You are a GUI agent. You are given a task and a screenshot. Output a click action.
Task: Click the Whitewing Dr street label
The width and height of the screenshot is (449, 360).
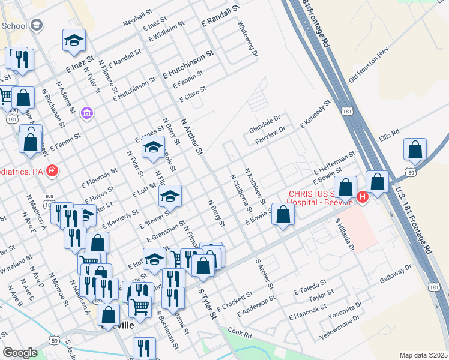[247, 40]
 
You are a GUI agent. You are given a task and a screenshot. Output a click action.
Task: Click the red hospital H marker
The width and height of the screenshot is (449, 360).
[363, 196]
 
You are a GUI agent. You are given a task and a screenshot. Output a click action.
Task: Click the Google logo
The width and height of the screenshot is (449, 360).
[20, 353]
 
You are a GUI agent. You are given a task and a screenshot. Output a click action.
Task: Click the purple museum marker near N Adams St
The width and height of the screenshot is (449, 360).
[88, 113]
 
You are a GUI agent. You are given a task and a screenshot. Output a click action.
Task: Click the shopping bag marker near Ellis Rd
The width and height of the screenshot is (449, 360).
[415, 152]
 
